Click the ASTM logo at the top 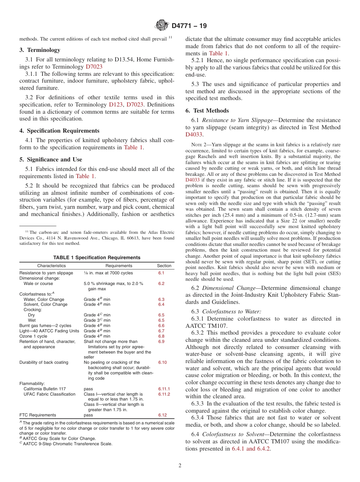162,26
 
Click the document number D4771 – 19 189,26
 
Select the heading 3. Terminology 40,50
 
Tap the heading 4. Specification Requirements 59,131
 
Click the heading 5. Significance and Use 51,160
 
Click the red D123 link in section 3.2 116,105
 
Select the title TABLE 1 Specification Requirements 97,258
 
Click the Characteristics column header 52,266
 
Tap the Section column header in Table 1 164,266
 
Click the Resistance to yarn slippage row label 46,273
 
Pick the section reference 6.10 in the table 162,362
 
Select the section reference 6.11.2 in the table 164,394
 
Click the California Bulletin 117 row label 45,389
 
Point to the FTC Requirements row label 38,415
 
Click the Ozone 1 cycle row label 33,336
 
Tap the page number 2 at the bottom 180,466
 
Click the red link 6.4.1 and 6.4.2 251,449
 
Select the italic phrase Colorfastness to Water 231,311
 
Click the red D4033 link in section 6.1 194,135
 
